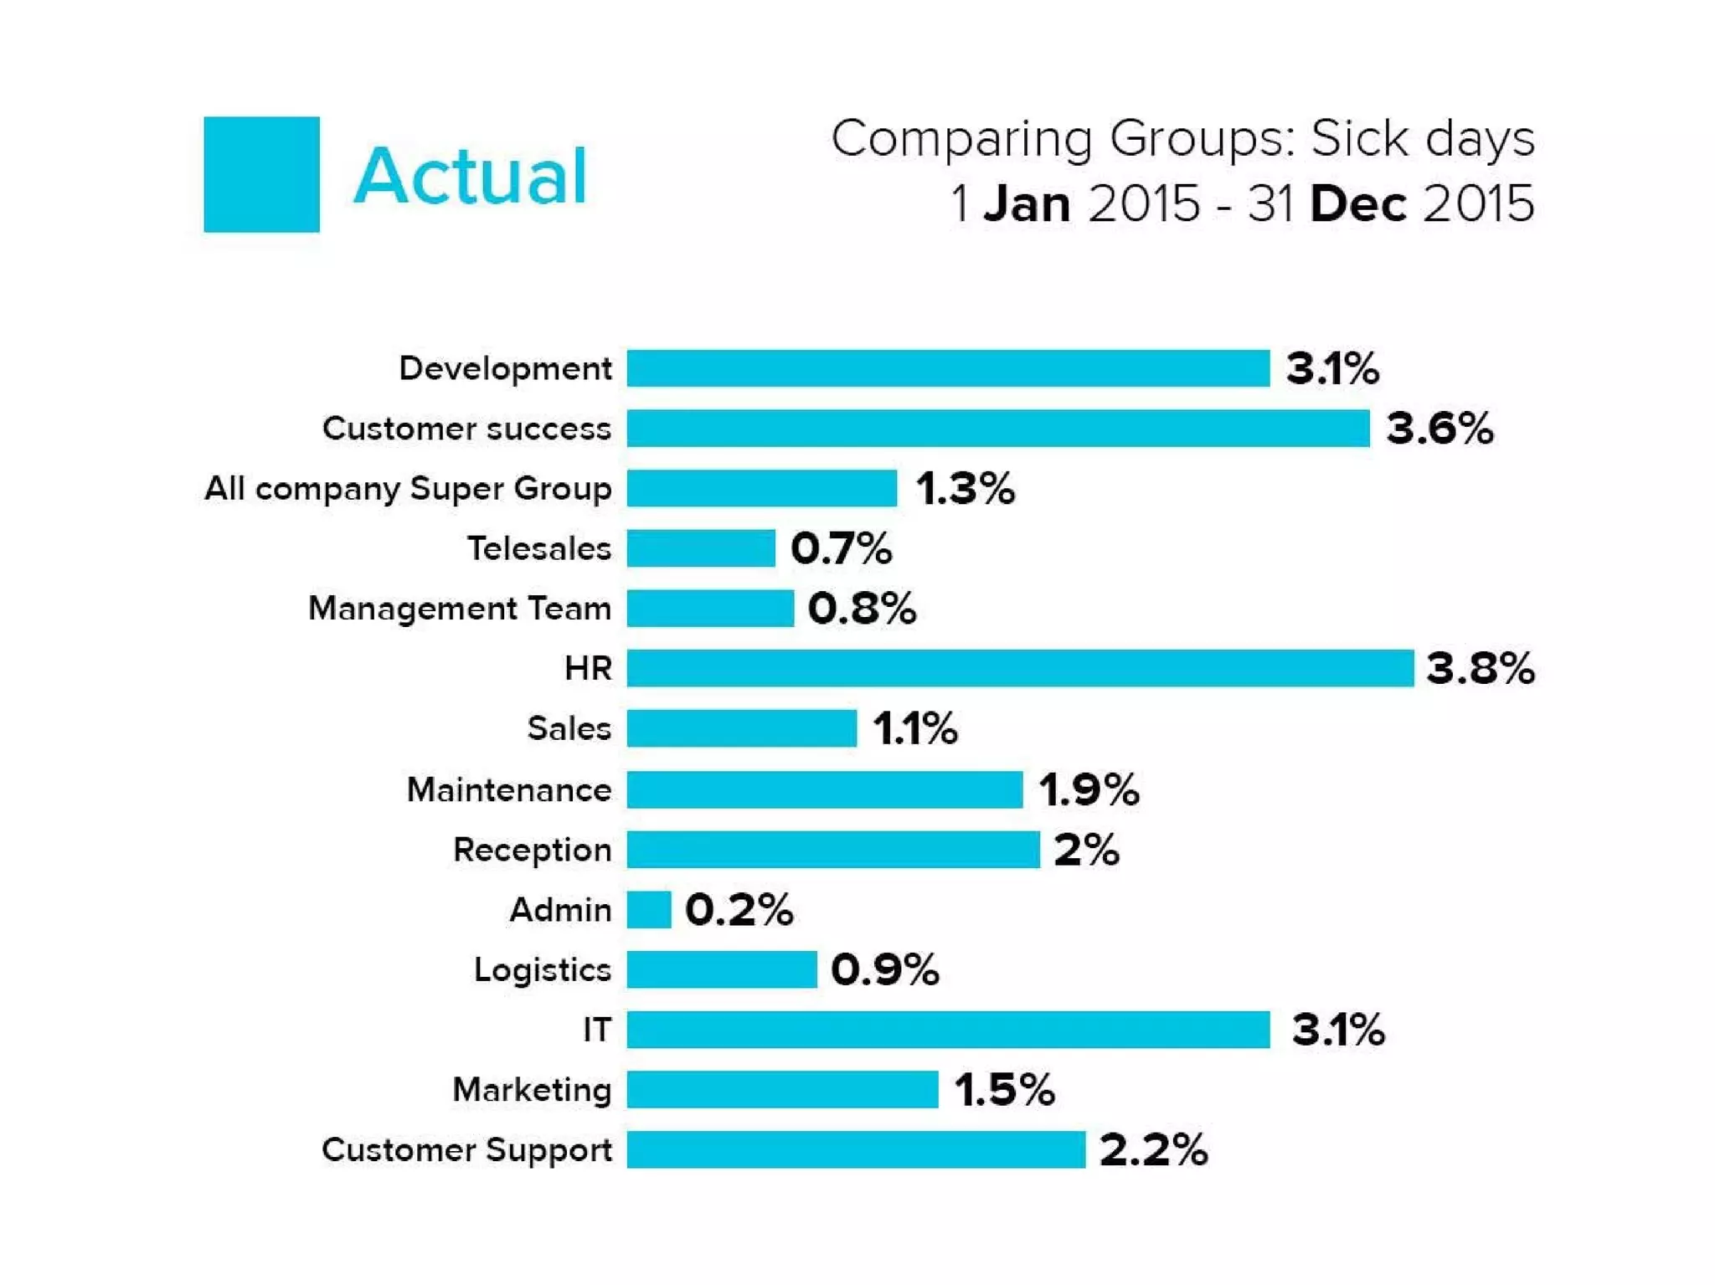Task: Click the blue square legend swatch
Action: click(x=261, y=174)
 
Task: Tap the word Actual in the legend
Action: click(x=470, y=176)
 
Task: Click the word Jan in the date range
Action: click(x=1027, y=204)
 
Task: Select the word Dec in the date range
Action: click(x=1357, y=204)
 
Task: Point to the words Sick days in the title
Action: click(x=1422, y=138)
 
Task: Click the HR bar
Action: click(x=1019, y=668)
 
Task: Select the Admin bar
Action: click(x=649, y=909)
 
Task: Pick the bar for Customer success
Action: click(x=997, y=428)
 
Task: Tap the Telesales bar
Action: click(x=701, y=548)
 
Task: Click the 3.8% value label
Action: click(x=1480, y=668)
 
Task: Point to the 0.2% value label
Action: click(x=739, y=909)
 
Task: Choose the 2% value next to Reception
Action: click(x=1086, y=850)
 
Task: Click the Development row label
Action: click(x=505, y=368)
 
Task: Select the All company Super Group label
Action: click(x=408, y=488)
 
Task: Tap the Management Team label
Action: click(x=460, y=609)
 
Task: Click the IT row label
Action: click(x=597, y=1030)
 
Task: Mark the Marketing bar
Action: click(x=782, y=1089)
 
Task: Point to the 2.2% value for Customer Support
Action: click(x=1153, y=1149)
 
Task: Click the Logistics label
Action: click(x=542, y=969)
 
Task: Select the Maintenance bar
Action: click(x=824, y=789)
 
